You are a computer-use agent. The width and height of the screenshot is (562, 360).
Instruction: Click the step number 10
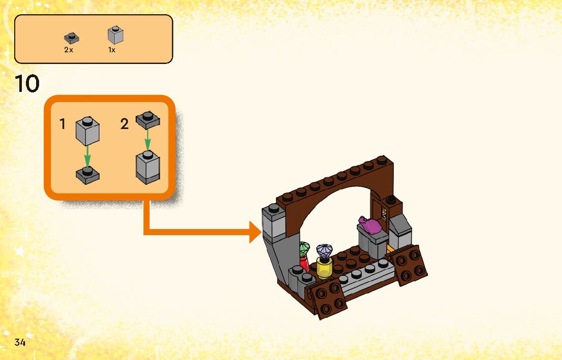point(27,84)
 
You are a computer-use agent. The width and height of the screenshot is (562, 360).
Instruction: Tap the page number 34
point(20,342)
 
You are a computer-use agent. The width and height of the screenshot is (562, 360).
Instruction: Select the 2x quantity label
point(69,50)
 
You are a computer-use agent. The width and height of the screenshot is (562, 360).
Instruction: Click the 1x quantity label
point(112,50)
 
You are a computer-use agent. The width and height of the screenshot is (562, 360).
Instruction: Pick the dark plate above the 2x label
point(72,38)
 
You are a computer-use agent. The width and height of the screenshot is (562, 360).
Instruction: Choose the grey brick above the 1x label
point(115,35)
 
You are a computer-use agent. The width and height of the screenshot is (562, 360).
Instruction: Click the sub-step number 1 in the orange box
point(63,124)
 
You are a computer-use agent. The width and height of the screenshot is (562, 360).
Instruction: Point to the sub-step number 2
point(124,123)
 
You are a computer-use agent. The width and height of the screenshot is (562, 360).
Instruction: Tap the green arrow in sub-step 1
point(87,156)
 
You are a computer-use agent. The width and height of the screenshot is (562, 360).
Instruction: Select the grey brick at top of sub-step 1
point(87,130)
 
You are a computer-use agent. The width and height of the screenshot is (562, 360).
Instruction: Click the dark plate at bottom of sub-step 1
point(87,175)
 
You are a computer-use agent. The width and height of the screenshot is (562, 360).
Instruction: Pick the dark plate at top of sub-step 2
point(147,120)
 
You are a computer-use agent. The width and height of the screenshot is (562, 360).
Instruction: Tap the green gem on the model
point(304,249)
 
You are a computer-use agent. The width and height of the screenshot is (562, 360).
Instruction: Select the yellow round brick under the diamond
point(324,267)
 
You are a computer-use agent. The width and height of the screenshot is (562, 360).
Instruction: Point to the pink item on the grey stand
point(371,225)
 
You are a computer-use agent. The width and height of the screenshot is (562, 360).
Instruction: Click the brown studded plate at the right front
point(409,265)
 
